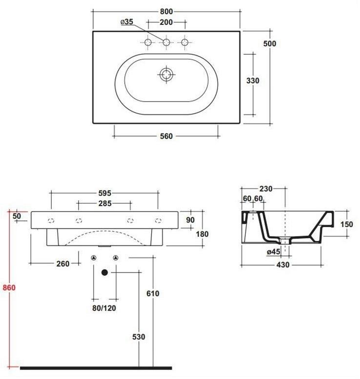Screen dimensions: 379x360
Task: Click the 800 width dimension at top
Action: [x=166, y=11]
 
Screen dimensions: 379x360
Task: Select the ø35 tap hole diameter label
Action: [x=126, y=22]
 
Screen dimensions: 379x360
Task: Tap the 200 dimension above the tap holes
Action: [x=166, y=22]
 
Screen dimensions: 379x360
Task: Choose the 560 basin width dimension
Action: [x=166, y=136]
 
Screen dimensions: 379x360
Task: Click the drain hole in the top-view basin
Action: [x=166, y=74]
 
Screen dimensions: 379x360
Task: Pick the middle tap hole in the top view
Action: [x=166, y=43]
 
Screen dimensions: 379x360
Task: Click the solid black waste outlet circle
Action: [x=104, y=273]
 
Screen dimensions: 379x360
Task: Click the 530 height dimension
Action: [x=140, y=337]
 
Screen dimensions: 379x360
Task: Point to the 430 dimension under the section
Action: [x=283, y=265]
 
